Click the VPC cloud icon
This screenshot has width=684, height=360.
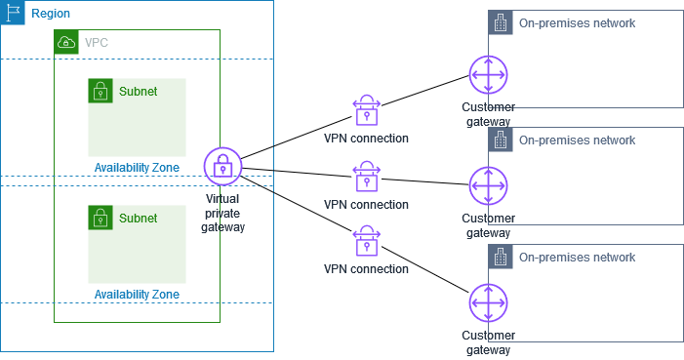click(66, 42)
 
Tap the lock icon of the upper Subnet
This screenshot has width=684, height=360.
click(101, 91)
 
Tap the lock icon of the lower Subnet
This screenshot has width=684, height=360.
click(101, 218)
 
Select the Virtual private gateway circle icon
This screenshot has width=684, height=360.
click(222, 166)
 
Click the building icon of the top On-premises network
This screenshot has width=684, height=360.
click(501, 23)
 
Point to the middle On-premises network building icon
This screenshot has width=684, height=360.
click(501, 140)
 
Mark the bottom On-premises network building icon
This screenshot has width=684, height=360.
click(501, 258)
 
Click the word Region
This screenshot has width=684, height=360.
click(51, 14)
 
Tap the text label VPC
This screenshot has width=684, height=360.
click(97, 43)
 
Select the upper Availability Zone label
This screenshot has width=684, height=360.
click(137, 168)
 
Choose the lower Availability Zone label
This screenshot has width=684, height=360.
click(137, 294)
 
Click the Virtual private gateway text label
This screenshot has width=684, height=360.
click(222, 213)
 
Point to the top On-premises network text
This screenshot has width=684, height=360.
click(577, 23)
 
